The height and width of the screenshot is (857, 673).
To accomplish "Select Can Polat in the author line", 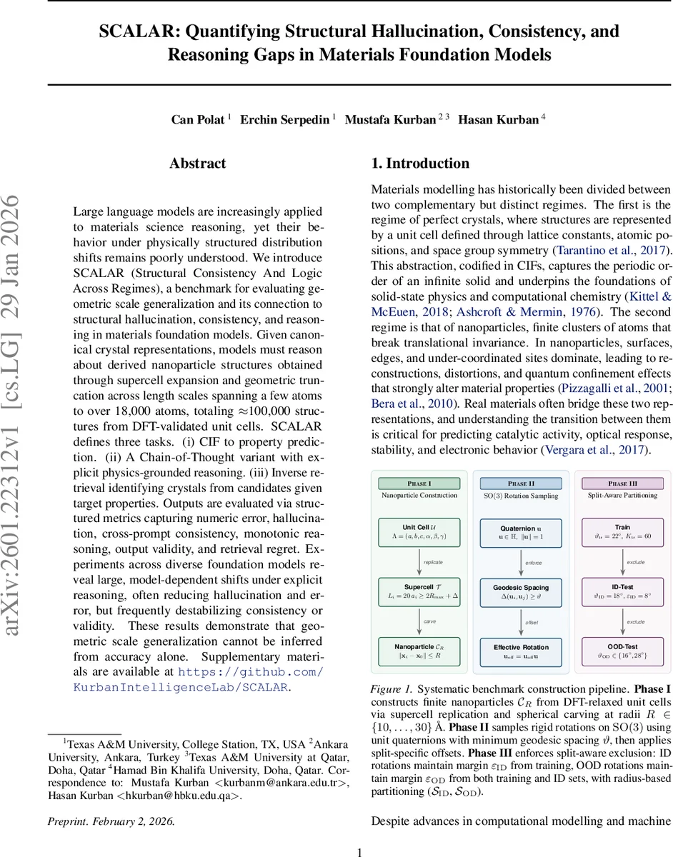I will (x=198, y=119).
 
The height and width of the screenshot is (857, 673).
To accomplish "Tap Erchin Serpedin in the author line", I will (x=284, y=119).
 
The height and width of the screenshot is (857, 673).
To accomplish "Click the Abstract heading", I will (x=198, y=164).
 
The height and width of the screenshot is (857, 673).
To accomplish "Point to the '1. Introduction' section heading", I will (x=420, y=164).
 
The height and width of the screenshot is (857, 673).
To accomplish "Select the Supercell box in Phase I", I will (x=419, y=591).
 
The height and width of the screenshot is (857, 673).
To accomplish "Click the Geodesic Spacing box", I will (x=521, y=591).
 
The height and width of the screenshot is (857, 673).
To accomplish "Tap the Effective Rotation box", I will (x=521, y=651).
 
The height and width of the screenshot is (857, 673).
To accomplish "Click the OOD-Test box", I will (x=622, y=651).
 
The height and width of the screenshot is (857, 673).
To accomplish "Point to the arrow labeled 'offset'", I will (x=522, y=621).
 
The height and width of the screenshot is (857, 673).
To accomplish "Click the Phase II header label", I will (x=521, y=483).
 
